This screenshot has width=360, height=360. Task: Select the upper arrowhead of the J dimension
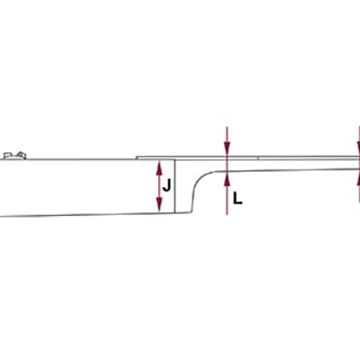coord(159,166)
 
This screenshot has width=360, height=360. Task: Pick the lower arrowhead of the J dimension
coord(159,206)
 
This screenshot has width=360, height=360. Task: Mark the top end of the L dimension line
coord(228,127)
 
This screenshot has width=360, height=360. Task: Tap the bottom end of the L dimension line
coord(228,215)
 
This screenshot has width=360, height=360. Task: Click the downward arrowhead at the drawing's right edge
coord(359,149)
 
